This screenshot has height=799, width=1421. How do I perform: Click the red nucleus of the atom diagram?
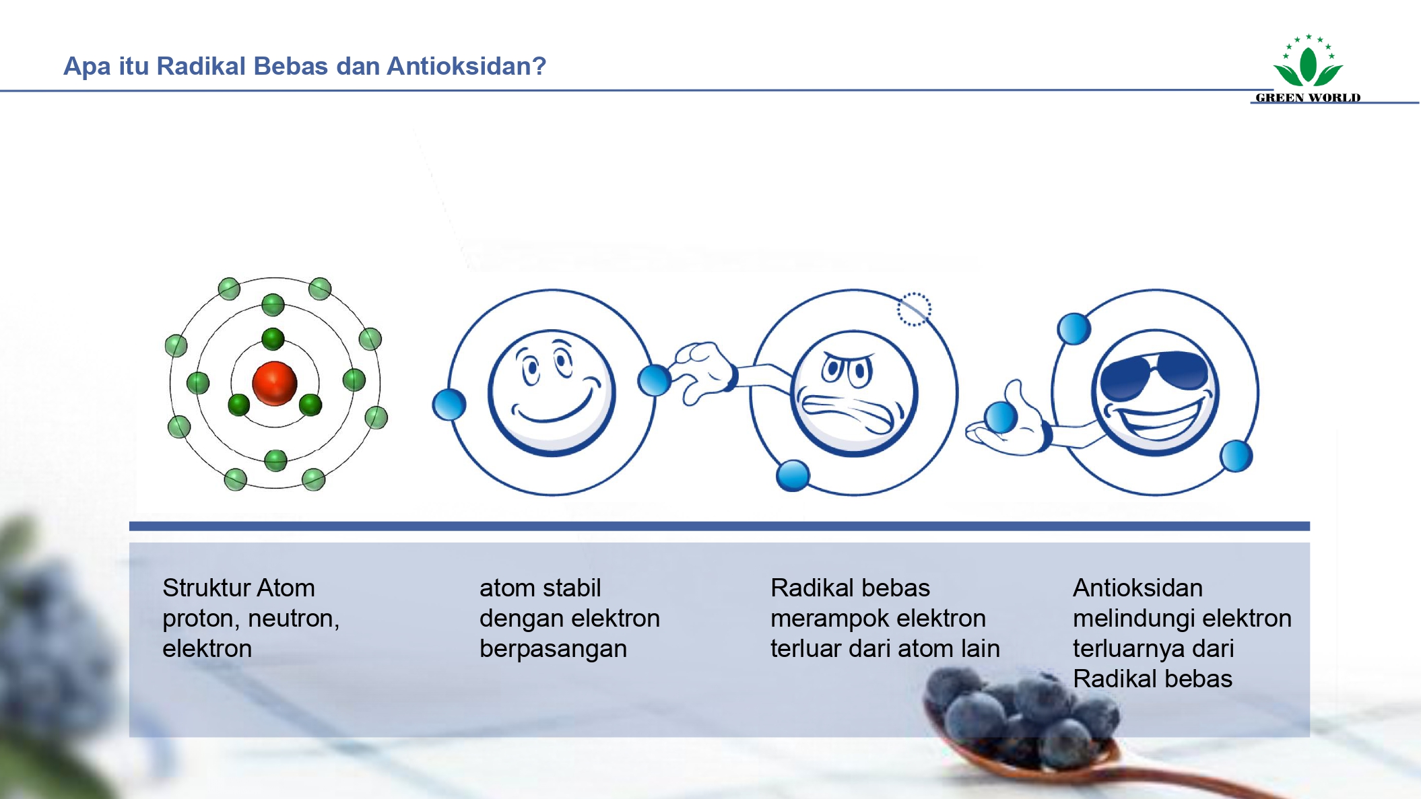pyautogui.click(x=274, y=383)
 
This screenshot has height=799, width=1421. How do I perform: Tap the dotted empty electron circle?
pyautogui.click(x=914, y=310)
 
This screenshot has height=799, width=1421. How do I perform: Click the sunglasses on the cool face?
pyautogui.click(x=1154, y=374)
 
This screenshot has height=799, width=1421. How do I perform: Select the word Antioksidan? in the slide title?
pyautogui.click(x=466, y=66)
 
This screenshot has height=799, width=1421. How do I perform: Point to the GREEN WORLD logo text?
pyautogui.click(x=1308, y=98)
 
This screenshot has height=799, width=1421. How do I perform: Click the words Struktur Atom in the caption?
pyautogui.click(x=238, y=588)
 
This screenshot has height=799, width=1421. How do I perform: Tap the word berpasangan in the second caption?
pyautogui.click(x=553, y=649)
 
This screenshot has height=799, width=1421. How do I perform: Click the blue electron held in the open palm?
pyautogui.click(x=1001, y=417)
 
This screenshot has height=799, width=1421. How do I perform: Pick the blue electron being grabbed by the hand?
pyautogui.click(x=654, y=380)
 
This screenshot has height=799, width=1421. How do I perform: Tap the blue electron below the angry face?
pyautogui.click(x=793, y=475)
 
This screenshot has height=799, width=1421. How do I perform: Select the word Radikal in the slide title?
pyautogui.click(x=201, y=66)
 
